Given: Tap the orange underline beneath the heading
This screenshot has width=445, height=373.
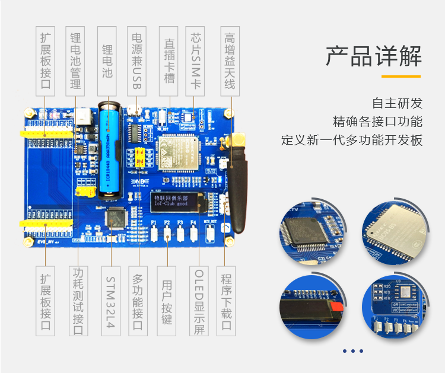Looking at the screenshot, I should [x=401, y=76].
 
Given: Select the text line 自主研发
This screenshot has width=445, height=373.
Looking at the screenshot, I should [x=397, y=103].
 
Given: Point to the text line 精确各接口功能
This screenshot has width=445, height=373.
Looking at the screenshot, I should [x=377, y=122].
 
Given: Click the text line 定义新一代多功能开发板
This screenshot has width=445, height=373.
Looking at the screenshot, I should [x=352, y=141].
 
